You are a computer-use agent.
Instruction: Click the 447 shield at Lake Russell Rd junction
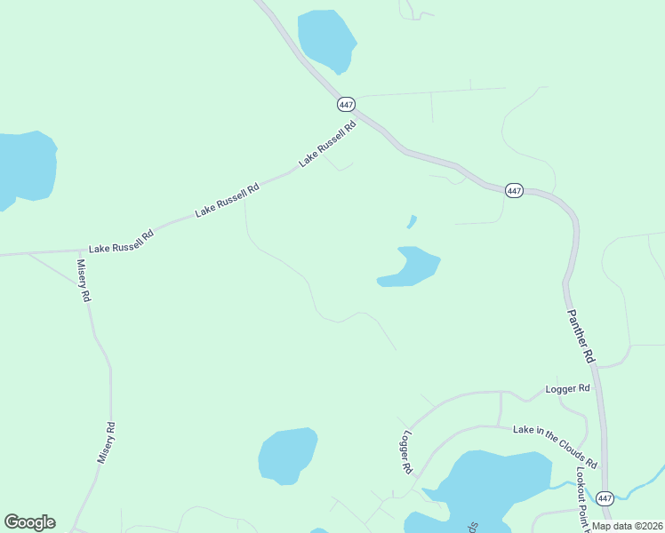pyautogui.click(x=347, y=105)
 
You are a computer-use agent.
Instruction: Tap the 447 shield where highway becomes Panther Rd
pyautogui.click(x=514, y=190)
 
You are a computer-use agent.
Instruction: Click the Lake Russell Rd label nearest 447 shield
pyautogui.click(x=328, y=144)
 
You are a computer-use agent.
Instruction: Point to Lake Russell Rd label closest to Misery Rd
pyautogui.click(x=121, y=243)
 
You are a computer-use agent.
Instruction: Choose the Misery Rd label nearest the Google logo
pyautogui.click(x=107, y=442)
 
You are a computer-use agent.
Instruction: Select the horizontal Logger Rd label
pyautogui.click(x=568, y=389)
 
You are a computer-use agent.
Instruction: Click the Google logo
pyautogui.click(x=29, y=522)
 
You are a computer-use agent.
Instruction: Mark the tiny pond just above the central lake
pyautogui.click(x=412, y=221)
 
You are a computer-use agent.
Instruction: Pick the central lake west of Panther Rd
pyautogui.click(x=410, y=267)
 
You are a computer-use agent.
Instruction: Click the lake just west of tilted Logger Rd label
pyautogui.click(x=287, y=455)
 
